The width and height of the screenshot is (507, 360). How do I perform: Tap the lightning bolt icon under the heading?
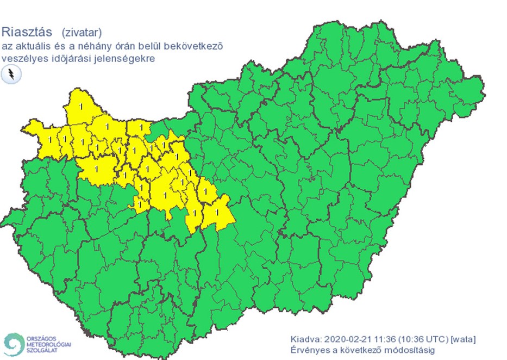tap(11, 75)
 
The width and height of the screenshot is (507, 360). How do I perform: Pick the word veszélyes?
tap(23, 58)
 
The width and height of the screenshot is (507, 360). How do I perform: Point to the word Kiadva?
tap(306, 339)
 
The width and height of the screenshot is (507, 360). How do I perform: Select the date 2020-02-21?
tap(348, 339)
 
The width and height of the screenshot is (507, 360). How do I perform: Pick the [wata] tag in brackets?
tap(463, 339)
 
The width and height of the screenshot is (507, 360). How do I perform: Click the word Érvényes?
tap(310, 350)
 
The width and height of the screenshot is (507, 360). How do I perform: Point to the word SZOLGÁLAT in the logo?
tap(41, 350)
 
